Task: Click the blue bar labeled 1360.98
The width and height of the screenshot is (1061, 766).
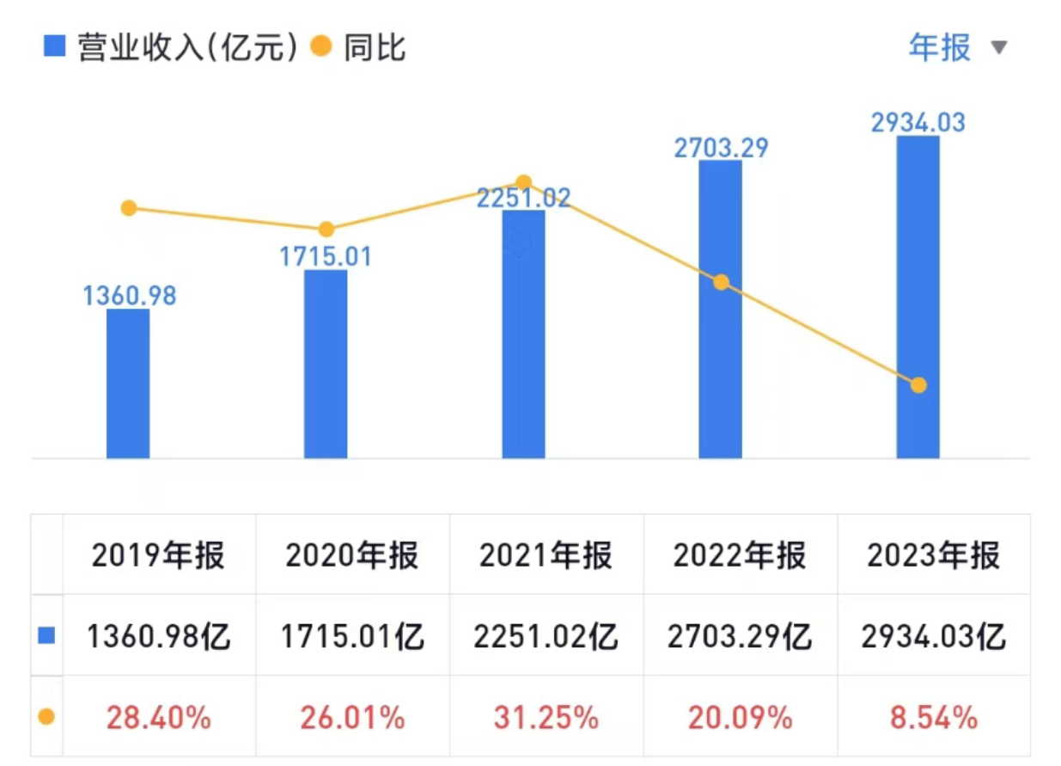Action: tap(128, 383)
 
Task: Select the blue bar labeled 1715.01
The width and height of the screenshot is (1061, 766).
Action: tap(326, 364)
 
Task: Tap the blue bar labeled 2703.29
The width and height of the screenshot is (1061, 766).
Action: tap(720, 309)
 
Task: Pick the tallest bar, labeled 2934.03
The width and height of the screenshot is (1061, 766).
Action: tap(918, 297)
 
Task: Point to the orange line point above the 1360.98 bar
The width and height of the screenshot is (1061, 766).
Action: tap(129, 208)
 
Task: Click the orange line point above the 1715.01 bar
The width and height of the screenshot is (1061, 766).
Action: tap(326, 230)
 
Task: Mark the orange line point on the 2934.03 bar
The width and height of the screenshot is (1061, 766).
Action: tap(918, 385)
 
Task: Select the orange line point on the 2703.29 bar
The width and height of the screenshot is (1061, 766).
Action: tap(721, 282)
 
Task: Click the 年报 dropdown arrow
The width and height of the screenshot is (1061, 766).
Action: tap(998, 47)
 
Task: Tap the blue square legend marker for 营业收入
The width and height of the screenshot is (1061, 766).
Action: tap(54, 46)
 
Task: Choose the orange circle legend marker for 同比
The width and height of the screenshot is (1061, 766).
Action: tap(320, 46)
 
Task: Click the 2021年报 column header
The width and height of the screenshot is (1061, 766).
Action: tap(546, 556)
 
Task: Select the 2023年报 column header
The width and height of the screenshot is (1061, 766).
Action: tap(933, 556)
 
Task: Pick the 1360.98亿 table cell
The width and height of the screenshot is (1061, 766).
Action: tap(159, 637)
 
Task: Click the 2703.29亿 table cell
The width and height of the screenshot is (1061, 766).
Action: tap(740, 637)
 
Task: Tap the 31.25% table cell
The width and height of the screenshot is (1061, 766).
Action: tap(546, 718)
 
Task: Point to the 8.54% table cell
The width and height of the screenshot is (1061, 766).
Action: tap(933, 718)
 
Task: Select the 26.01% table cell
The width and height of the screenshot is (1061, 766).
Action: tap(352, 718)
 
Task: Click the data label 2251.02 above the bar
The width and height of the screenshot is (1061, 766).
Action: tap(523, 199)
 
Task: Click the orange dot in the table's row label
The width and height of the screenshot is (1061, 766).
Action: tap(46, 716)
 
